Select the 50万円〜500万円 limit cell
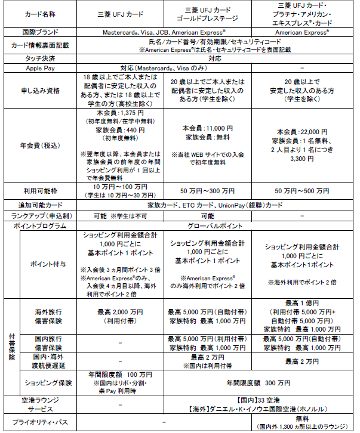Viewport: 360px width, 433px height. coord(306,190)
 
